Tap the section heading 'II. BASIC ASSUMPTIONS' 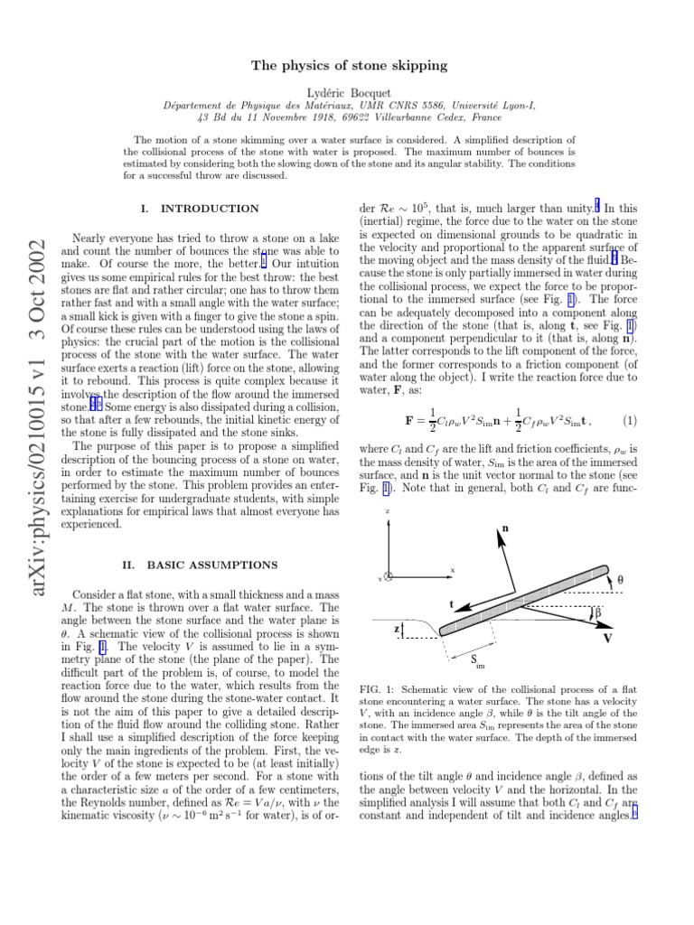click(200, 565)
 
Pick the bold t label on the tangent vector click(452, 603)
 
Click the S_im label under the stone click(478, 662)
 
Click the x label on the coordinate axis click(452, 570)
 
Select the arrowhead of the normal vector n click(497, 536)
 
